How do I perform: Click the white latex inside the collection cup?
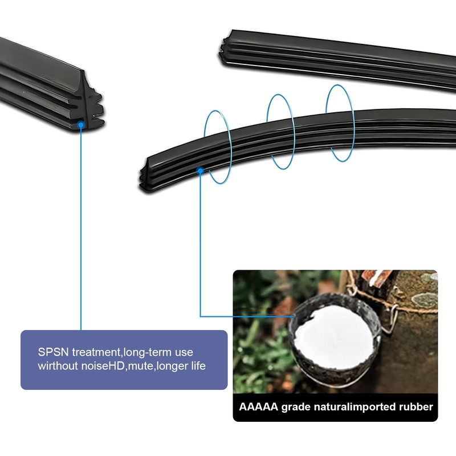332,336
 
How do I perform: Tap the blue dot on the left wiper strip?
81,123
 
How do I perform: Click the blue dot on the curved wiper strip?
200,170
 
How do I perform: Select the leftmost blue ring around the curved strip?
217,146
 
